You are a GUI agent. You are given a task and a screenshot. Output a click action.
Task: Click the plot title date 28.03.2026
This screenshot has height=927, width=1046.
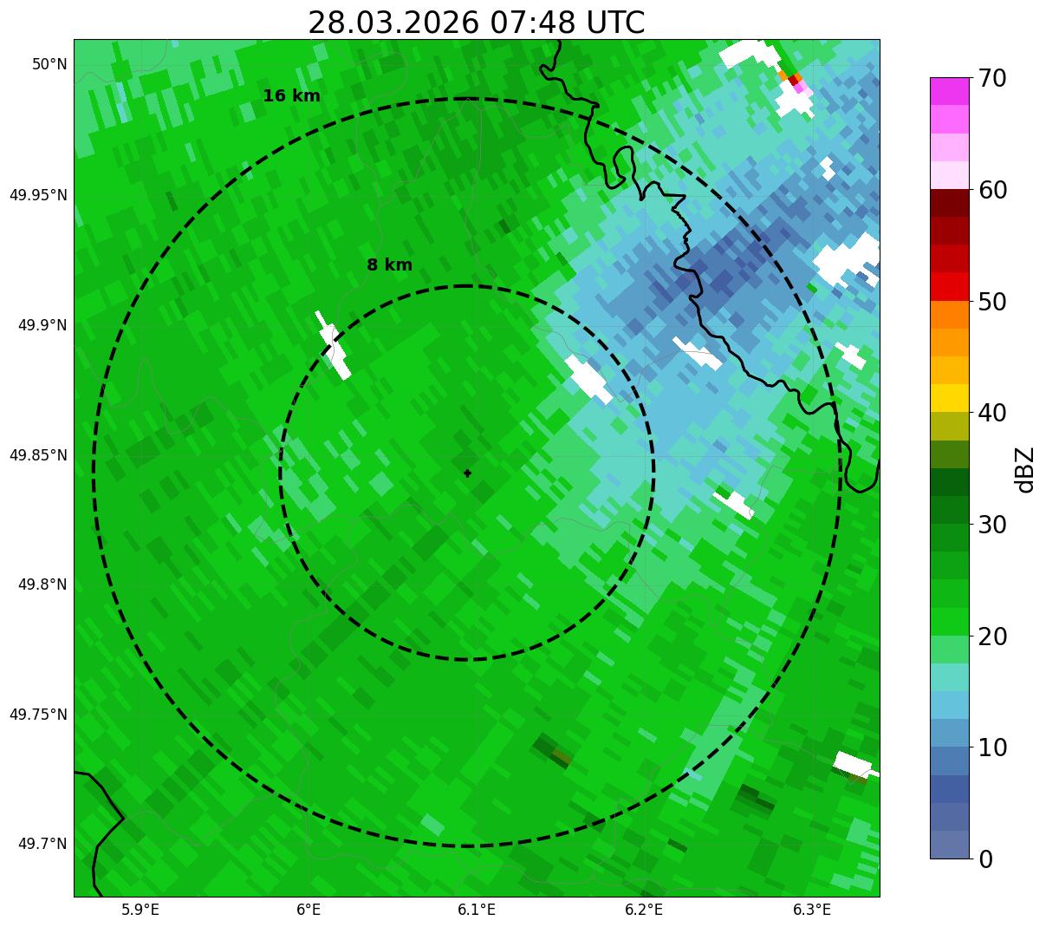393,23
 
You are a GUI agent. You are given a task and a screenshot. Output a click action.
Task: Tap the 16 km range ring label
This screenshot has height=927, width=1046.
291,96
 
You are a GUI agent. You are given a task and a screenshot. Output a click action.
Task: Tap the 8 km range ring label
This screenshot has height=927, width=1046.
389,265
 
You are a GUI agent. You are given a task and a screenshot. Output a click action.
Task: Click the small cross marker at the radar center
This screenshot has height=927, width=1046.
468,473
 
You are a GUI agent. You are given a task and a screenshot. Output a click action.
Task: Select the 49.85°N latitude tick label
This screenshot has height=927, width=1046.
38,455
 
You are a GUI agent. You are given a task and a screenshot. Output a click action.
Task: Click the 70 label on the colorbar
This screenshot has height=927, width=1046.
992,78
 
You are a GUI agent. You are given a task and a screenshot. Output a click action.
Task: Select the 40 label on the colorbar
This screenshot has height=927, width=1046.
992,413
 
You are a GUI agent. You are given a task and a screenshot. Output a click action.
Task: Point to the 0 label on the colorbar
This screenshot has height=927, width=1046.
986,858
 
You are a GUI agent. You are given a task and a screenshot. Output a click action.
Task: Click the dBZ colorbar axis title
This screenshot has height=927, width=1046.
1025,469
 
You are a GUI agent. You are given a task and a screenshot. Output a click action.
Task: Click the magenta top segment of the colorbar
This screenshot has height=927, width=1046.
954,91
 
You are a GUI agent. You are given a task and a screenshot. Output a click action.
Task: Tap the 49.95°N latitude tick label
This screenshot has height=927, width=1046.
38,195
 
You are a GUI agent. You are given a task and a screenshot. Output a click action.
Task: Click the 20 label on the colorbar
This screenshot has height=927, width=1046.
992,636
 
